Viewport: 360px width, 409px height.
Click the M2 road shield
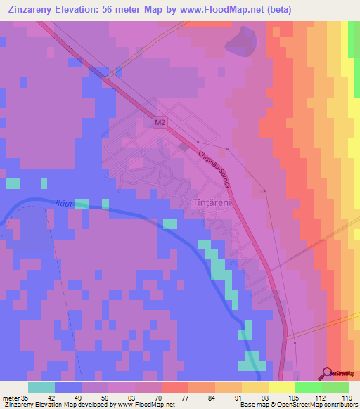pyautogui.click(x=160, y=122)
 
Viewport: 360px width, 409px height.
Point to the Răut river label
pyautogui.click(x=63, y=202)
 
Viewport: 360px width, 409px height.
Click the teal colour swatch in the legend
pyautogui.click(x=41, y=387)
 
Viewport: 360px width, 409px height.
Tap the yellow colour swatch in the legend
pyautogui.click(x=281, y=387)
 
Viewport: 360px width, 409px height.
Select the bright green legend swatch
pyautogui.click(x=308, y=387)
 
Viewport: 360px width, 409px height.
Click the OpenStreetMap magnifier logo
pyautogui.click(x=328, y=373)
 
